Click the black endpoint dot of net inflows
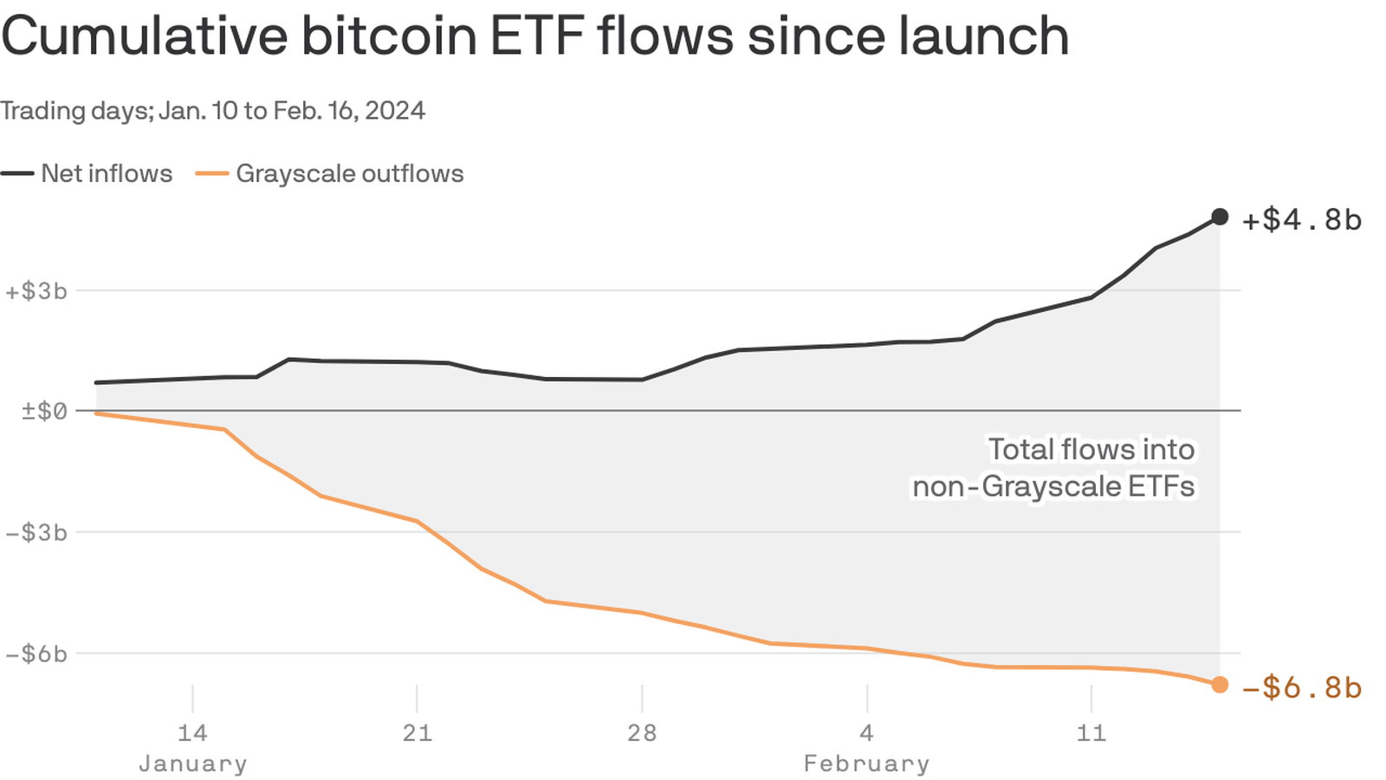coord(1220,217)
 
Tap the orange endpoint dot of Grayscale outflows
coord(1220,685)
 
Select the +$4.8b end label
coord(1301,220)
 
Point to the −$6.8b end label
coord(1301,688)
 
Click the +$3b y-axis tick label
coord(36,291)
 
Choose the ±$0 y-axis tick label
coord(44,411)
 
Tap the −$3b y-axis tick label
coord(36,532)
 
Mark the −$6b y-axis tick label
coord(36,653)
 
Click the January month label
coord(192,764)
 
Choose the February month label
coord(866,764)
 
